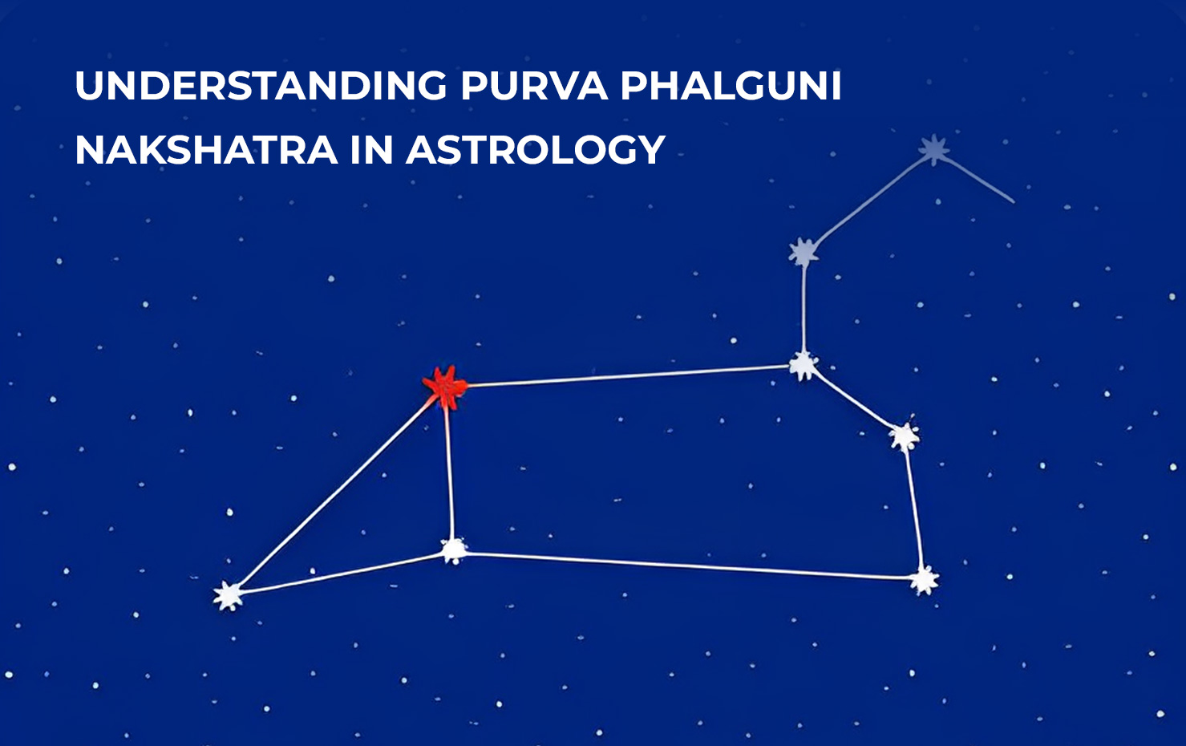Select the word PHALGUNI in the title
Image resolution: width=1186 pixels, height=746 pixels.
[x=731, y=86]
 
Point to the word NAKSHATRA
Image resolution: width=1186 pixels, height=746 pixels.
[x=206, y=150]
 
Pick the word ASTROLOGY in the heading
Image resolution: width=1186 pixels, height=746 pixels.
[x=536, y=150]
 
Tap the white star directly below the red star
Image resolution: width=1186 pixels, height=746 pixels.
[x=454, y=550]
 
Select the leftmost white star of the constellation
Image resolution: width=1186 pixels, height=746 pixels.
[x=229, y=595]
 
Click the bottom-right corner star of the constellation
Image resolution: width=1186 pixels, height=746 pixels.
[x=924, y=579]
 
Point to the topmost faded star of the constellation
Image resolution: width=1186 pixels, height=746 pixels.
[x=934, y=149]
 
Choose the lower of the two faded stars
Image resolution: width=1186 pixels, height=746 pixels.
[x=803, y=253]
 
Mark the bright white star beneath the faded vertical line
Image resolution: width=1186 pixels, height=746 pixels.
[x=803, y=366]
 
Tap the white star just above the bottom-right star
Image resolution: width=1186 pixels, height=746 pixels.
[x=904, y=436]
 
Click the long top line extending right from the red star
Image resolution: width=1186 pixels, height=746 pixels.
[x=625, y=376]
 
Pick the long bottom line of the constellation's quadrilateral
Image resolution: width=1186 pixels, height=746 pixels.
[x=690, y=565]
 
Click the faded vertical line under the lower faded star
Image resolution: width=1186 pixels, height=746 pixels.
[x=803, y=309]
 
